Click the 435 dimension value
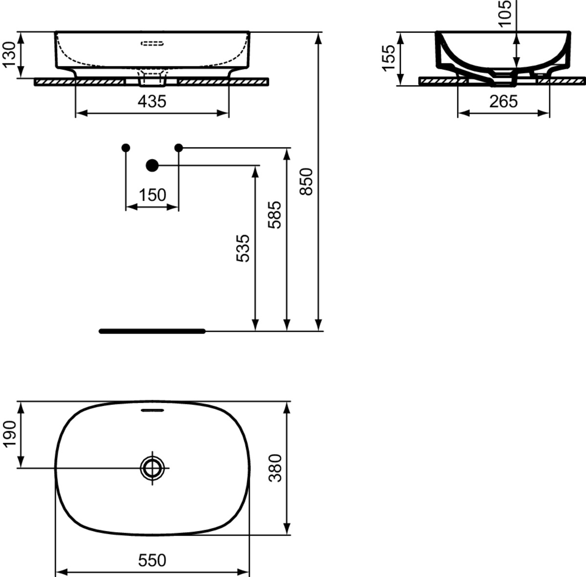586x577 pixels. pyautogui.click(x=152, y=101)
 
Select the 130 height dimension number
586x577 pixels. pyautogui.click(x=9, y=55)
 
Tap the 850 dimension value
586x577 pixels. pyautogui.click(x=306, y=182)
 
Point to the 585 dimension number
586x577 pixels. pyautogui.click(x=274, y=215)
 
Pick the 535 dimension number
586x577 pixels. pyautogui.click(x=243, y=248)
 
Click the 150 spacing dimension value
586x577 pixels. pyautogui.click(x=152, y=195)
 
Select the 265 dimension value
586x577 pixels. pyautogui.click(x=503, y=101)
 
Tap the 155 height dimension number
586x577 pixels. pyautogui.click(x=388, y=59)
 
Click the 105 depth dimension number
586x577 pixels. pyautogui.click(x=504, y=14)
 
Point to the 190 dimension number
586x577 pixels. pyautogui.click(x=9, y=435)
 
